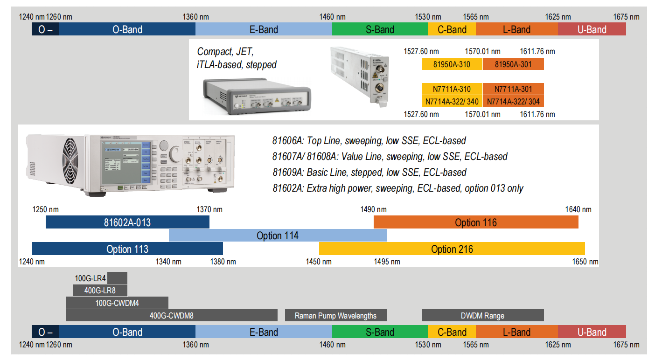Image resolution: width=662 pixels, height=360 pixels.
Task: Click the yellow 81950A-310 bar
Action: [452, 64]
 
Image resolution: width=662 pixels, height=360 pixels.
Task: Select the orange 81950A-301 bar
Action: [513, 64]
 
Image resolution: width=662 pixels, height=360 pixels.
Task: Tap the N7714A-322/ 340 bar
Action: [452, 101]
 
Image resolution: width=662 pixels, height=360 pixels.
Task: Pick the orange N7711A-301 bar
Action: [513, 89]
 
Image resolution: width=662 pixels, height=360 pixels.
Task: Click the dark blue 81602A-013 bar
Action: [127, 222]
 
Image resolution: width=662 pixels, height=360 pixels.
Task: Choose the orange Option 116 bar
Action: [476, 222]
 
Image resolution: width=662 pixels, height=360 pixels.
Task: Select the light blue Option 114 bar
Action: [278, 235]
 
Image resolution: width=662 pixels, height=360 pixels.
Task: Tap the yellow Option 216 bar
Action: [452, 249]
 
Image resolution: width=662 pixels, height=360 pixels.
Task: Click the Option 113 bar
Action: [127, 249]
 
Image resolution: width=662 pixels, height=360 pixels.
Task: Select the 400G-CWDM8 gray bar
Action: [171, 316]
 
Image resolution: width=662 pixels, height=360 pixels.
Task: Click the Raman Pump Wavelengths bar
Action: [335, 316]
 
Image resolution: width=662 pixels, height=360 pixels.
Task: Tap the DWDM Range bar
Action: [482, 316]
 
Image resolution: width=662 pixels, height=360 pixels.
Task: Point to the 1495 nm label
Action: [387, 262]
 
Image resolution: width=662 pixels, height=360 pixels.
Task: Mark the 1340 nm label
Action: [168, 262]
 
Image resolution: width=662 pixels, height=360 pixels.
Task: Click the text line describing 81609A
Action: [369, 173]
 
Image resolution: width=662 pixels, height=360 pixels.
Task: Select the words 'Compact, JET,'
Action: [225, 51]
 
